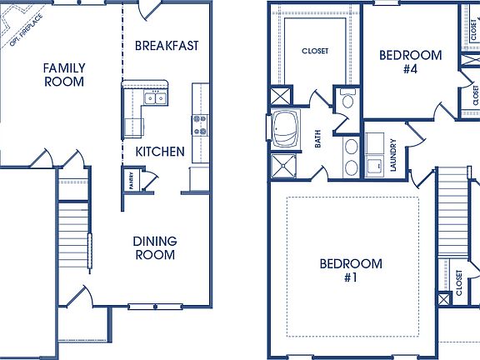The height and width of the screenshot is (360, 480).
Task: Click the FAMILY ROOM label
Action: (64, 73)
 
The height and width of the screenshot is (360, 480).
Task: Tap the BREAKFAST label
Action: (167, 46)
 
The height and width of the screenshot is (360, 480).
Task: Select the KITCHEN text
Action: (160, 151)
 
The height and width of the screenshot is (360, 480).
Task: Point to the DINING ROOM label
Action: (154, 247)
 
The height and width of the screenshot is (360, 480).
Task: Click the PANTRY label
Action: (131, 178)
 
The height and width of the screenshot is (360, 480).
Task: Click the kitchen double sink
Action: (155, 98)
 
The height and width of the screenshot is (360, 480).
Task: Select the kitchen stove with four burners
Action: (200, 124)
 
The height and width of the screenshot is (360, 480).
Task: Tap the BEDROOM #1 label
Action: (351, 270)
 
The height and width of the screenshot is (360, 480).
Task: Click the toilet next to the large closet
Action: (347, 102)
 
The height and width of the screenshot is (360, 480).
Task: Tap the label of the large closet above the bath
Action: (313, 51)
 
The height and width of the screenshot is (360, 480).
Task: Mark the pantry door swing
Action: (149, 177)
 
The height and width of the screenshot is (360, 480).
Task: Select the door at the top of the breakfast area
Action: (147, 10)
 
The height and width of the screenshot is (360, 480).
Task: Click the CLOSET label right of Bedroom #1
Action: (458, 282)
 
